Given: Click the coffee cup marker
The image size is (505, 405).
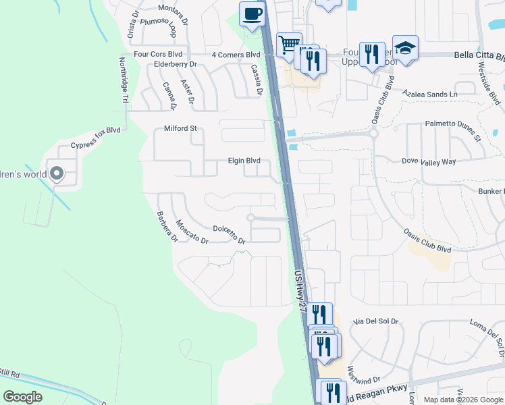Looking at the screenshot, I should click(252, 14).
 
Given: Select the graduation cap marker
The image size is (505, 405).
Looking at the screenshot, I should click(405, 48).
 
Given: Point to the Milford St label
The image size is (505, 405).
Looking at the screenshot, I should click(180, 128).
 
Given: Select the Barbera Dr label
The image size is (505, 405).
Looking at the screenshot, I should click(167, 227).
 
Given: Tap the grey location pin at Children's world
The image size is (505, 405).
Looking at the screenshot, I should click(57, 175).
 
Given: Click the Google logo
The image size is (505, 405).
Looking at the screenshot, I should click(22, 396).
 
